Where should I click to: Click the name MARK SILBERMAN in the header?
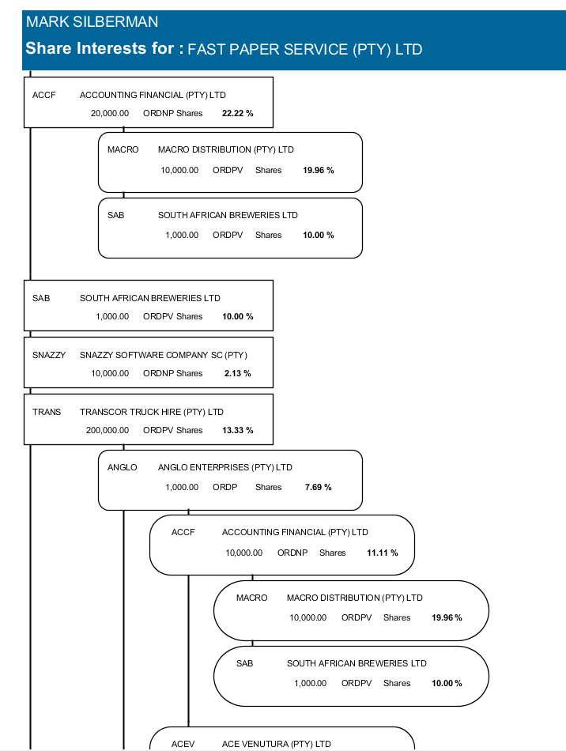[92, 22]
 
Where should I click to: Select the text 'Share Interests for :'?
[104, 48]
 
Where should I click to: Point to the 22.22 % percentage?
[238, 113]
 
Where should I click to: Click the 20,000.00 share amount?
[110, 113]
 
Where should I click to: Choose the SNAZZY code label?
[49, 355]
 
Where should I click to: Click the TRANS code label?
[47, 412]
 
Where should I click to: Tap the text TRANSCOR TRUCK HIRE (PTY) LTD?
[152, 412]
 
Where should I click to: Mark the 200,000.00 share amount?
[108, 430]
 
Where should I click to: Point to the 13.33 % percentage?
[238, 430]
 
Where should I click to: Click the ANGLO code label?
[123, 467]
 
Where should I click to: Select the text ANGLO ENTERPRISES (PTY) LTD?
[225, 467]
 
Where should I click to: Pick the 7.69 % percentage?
[319, 487]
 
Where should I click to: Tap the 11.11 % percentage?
[383, 553]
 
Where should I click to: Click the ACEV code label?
[183, 744]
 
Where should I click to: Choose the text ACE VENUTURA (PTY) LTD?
[277, 744]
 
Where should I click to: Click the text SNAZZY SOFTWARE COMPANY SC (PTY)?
[164, 355]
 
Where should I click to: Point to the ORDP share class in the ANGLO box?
[225, 487]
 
